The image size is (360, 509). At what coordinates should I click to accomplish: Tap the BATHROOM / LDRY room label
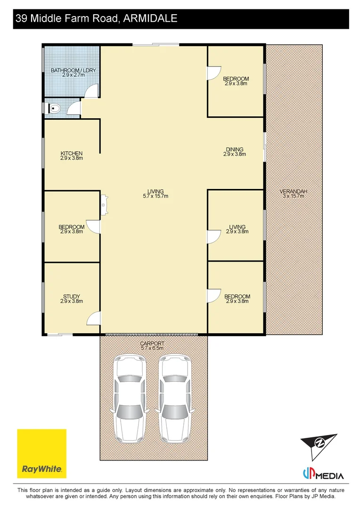[73, 70]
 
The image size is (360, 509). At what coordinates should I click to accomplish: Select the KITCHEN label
[72, 154]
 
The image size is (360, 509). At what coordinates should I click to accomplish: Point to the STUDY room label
[72, 296]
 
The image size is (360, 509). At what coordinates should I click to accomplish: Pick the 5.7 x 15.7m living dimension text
[155, 196]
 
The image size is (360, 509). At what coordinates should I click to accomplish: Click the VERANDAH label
[293, 191]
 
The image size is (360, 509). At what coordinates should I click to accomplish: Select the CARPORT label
[152, 344]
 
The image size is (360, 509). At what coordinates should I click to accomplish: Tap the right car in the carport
[175, 397]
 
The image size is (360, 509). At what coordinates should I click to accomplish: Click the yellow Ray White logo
[41, 453]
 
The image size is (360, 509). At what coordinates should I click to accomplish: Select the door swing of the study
[94, 319]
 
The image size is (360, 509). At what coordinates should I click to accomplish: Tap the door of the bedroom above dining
[213, 72]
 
